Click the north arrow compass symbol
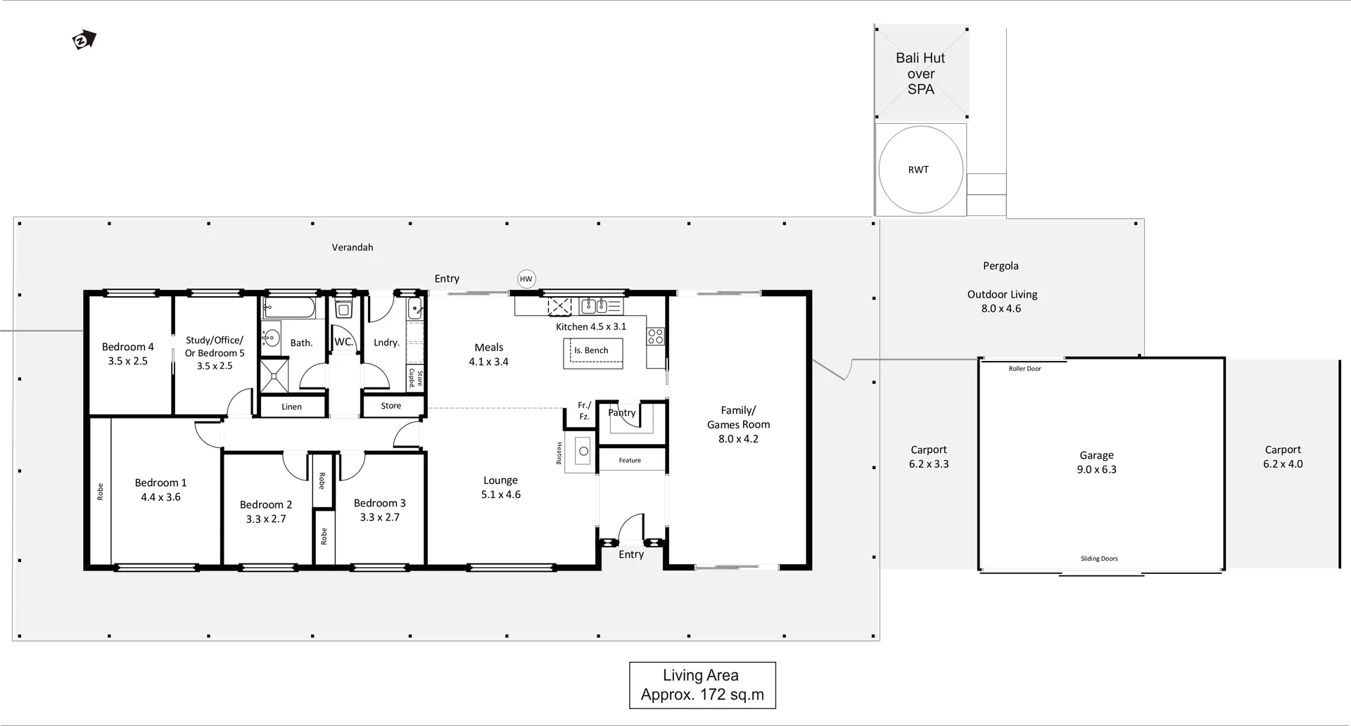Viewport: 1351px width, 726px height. click(x=84, y=40)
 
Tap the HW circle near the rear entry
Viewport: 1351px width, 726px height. click(x=526, y=279)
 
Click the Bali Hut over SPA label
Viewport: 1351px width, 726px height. click(x=920, y=73)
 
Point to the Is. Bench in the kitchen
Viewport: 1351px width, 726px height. click(x=592, y=350)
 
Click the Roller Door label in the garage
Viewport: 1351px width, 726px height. click(x=1025, y=369)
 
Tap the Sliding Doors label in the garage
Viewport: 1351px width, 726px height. click(x=1099, y=559)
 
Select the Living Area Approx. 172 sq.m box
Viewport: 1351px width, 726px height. click(x=702, y=685)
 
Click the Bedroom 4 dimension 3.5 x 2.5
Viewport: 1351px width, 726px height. click(x=127, y=361)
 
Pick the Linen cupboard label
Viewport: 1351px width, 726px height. click(x=291, y=407)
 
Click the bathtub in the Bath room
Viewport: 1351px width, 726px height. click(x=289, y=307)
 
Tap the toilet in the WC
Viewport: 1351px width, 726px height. click(x=343, y=309)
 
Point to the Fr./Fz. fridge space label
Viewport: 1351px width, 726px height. click(x=584, y=411)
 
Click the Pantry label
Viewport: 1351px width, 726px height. click(x=622, y=413)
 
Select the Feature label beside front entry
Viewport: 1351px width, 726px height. click(x=630, y=460)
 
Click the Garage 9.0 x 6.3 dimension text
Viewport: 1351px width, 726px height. click(x=1096, y=469)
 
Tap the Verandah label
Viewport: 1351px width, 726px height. click(x=353, y=247)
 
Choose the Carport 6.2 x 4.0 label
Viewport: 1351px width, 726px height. click(x=1283, y=457)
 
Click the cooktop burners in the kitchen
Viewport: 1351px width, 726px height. click(x=655, y=336)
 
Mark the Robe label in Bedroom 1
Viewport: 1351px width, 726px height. click(x=100, y=491)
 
